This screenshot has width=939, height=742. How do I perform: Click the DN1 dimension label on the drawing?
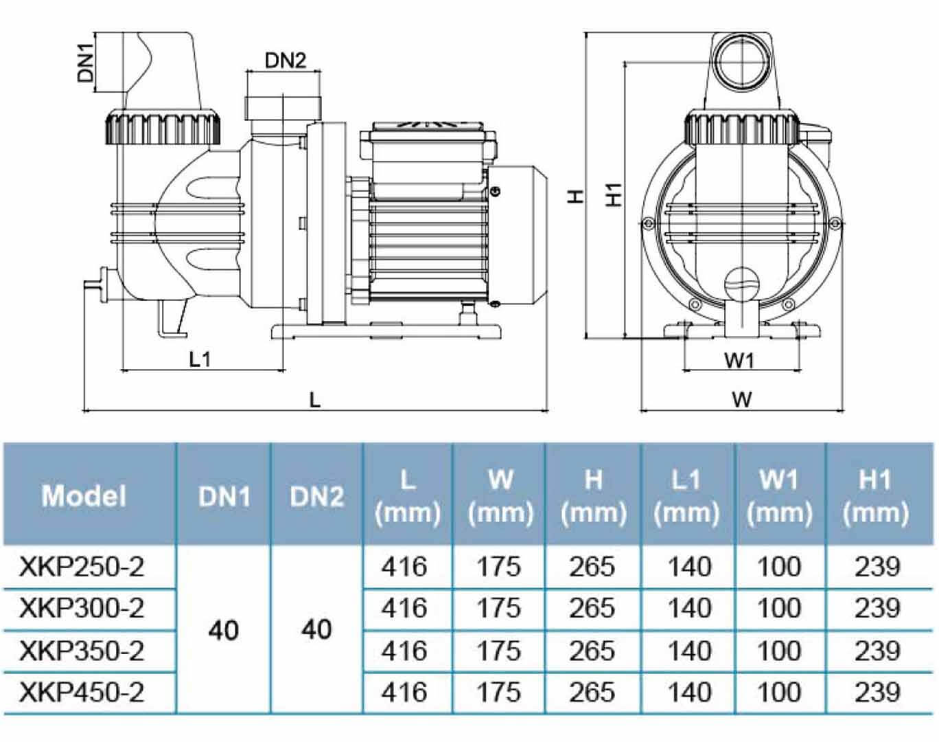click(86, 62)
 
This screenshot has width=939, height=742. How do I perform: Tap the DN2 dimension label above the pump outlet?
click(286, 61)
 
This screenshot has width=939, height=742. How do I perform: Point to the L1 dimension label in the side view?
click(200, 358)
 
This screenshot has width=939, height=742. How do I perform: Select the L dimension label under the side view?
click(314, 399)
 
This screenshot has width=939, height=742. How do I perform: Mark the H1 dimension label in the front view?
click(614, 194)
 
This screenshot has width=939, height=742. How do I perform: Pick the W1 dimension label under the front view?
click(739, 359)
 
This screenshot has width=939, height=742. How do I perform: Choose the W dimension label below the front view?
click(741, 399)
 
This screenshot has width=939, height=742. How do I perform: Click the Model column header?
click(84, 495)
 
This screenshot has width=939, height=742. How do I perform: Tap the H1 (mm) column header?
click(875, 495)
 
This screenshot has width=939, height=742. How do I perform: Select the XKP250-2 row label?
click(82, 567)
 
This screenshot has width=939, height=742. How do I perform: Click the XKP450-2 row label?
click(82, 692)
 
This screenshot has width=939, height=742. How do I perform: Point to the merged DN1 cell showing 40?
click(224, 629)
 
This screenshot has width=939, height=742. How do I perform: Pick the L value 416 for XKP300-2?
click(404, 608)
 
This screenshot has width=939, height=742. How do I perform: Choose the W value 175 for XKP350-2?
click(499, 650)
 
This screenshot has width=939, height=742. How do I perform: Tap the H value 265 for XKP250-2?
click(592, 567)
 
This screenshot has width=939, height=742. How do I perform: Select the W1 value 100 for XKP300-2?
click(779, 608)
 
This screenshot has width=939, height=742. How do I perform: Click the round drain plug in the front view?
click(742, 282)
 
